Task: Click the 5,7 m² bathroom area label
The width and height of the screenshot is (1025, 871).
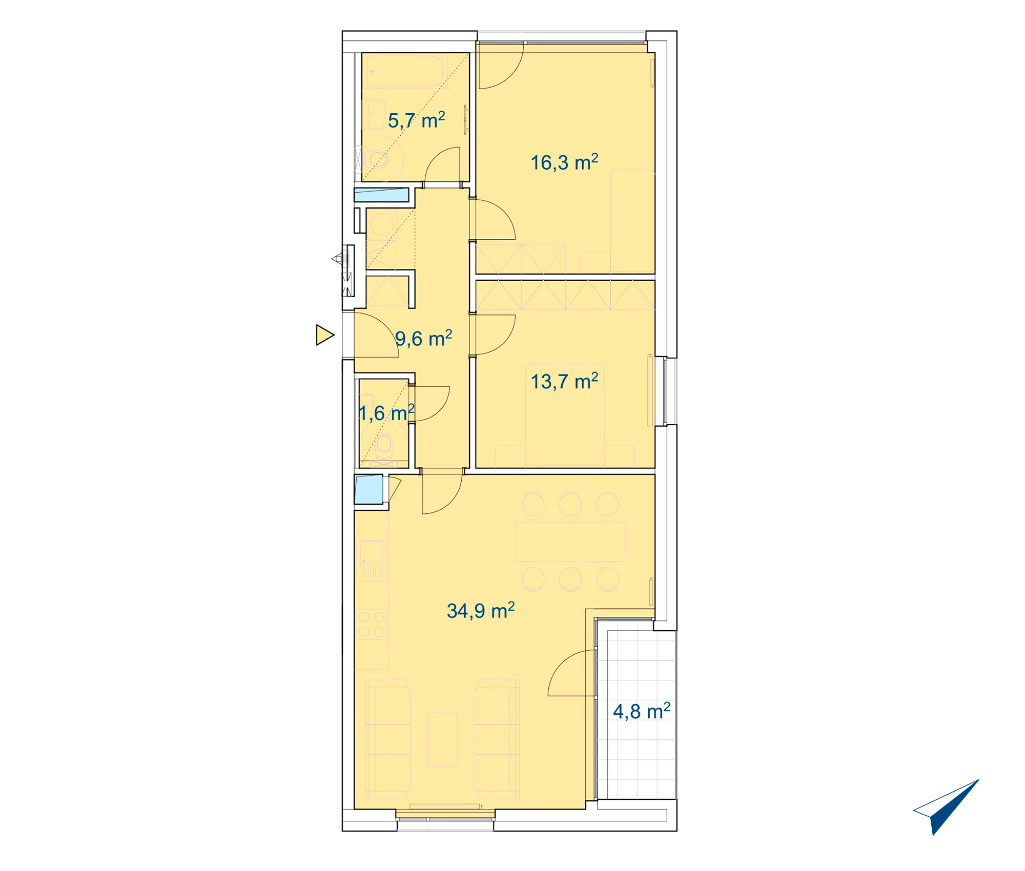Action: click(416, 120)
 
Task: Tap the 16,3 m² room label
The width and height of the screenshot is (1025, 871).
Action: click(564, 162)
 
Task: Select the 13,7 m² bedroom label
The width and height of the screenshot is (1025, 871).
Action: click(564, 381)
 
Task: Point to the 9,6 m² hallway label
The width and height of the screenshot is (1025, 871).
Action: click(424, 338)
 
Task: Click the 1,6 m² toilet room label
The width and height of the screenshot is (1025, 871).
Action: click(386, 413)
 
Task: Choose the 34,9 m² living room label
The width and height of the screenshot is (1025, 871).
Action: click(481, 610)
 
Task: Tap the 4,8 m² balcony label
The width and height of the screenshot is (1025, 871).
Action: click(642, 711)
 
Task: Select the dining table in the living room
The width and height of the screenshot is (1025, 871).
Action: click(570, 542)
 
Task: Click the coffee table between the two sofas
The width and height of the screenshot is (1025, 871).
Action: click(442, 739)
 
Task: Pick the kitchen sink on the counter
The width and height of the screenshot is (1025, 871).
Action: click(372, 553)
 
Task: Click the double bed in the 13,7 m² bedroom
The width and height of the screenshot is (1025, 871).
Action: click(565, 415)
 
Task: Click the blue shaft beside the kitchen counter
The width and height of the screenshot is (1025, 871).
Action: click(368, 489)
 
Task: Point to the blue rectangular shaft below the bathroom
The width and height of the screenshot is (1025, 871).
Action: click(381, 195)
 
